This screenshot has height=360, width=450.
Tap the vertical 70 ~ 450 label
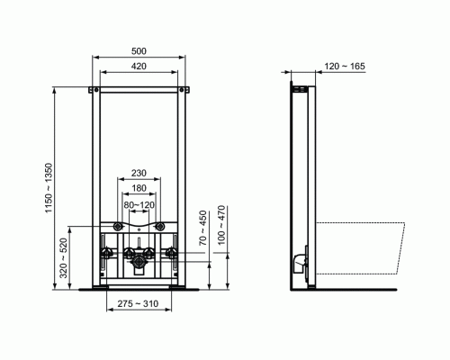203,229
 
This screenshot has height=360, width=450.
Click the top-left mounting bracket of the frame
92,88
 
